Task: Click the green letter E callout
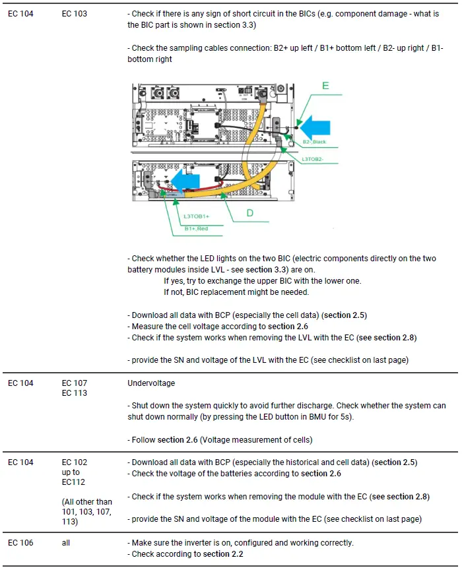pyautogui.click(x=325, y=86)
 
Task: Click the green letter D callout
pyautogui.click(x=249, y=213)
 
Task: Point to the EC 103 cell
pyautogui.click(x=74, y=14)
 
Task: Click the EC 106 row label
pyautogui.click(x=20, y=543)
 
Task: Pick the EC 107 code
pyautogui.click(x=74, y=383)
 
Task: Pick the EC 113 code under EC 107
pyautogui.click(x=74, y=393)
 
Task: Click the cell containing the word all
pyautogui.click(x=66, y=543)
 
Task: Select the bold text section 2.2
pyautogui.click(x=223, y=554)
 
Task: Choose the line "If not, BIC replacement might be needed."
pyautogui.click(x=236, y=292)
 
